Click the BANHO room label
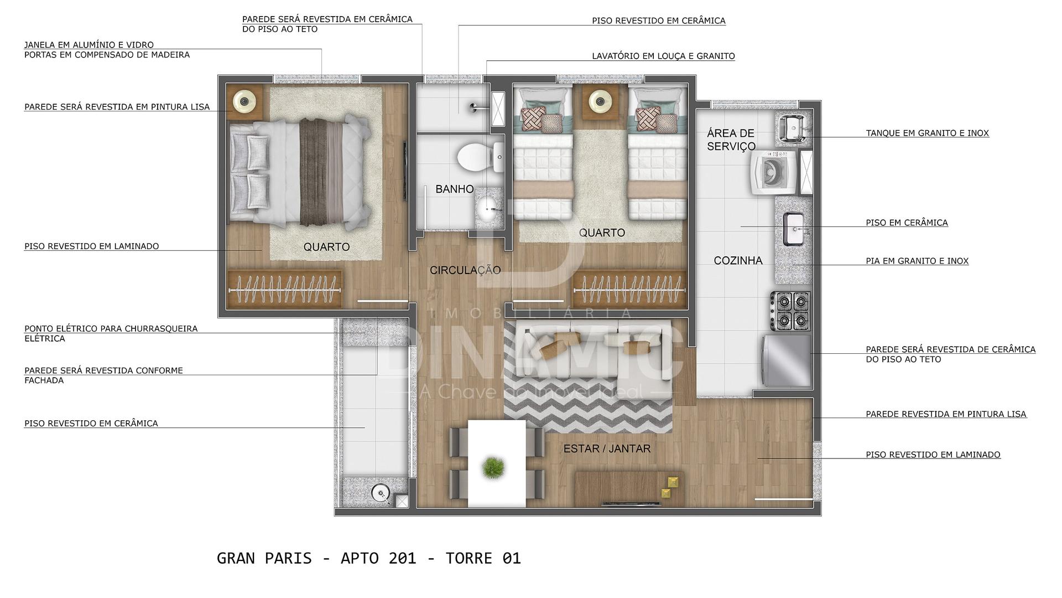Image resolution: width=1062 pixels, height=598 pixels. click(x=454, y=189)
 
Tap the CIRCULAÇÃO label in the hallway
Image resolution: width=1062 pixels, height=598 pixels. click(x=465, y=270)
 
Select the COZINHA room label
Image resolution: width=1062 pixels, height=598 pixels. click(x=738, y=260)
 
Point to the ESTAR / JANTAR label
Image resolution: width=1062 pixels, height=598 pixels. click(x=607, y=448)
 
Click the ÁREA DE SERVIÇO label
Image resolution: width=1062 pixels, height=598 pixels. click(x=731, y=140)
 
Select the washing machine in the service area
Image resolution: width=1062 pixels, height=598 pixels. click(x=773, y=172)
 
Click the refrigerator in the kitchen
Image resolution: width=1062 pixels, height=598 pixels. click(x=787, y=360)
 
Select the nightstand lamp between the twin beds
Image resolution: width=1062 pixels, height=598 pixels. click(x=600, y=101)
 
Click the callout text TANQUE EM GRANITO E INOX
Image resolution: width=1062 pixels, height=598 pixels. click(x=927, y=133)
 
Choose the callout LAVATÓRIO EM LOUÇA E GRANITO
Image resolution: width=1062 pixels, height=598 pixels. click(x=663, y=56)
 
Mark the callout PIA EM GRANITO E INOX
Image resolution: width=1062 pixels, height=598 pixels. click(x=917, y=261)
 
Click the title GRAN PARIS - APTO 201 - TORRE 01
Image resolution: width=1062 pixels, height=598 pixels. click(x=369, y=558)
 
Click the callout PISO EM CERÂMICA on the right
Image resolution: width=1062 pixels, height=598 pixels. click(x=907, y=223)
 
